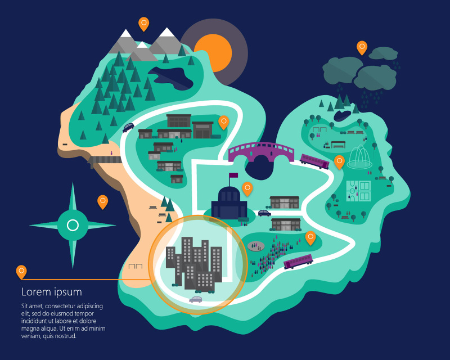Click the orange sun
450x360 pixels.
click(x=214, y=50)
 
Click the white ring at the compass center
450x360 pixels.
click(x=73, y=226)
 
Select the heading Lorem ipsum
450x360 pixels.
click(x=51, y=292)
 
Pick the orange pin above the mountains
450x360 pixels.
click(x=144, y=23)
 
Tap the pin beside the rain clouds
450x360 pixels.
click(x=362, y=47)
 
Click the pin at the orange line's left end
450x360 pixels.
click(x=21, y=271)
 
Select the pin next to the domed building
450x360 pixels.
click(x=247, y=188)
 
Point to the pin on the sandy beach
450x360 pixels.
click(x=102, y=201)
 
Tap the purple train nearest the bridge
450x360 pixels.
click(x=314, y=161)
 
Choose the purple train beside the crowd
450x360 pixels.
click(x=298, y=262)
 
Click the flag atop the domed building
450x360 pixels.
click(x=232, y=175)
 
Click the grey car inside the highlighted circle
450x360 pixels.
click(x=195, y=299)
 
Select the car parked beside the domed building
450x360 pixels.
click(x=264, y=213)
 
